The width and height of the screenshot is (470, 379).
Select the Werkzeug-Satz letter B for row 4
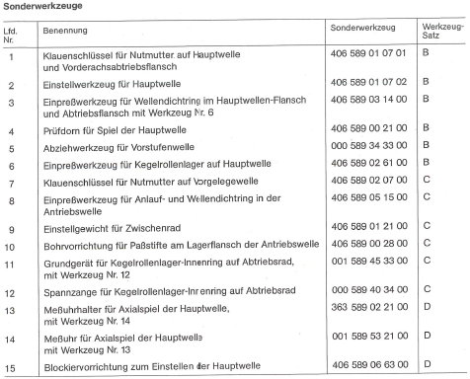(426, 129)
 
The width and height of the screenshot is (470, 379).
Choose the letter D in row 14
(426, 340)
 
